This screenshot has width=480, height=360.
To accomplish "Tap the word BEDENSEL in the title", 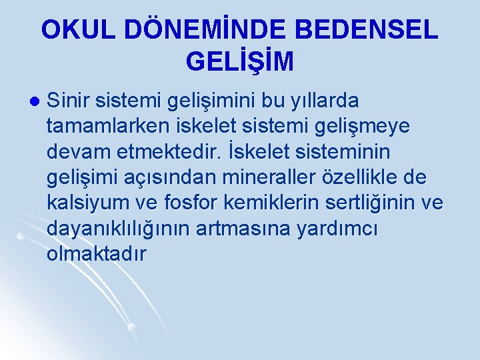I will tap(365, 30).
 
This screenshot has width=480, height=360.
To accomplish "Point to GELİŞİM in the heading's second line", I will tap(240, 62).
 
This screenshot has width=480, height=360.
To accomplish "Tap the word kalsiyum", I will tap(93, 203).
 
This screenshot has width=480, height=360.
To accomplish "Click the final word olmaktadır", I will tap(96, 255).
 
